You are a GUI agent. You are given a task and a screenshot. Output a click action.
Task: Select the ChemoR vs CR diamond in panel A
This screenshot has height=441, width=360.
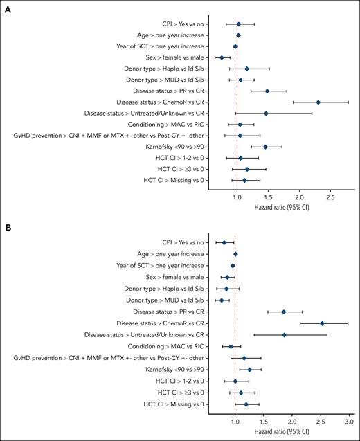pos(318,102)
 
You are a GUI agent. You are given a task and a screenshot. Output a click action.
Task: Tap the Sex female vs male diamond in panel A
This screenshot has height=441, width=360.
pos(222,57)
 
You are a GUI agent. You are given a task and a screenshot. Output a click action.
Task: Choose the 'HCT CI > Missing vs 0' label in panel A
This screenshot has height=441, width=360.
pos(174,180)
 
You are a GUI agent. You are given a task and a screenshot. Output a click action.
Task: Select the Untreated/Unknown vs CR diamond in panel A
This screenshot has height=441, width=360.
pos(266,113)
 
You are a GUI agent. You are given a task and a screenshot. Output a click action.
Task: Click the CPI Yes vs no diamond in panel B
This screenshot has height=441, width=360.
pos(224,242)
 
